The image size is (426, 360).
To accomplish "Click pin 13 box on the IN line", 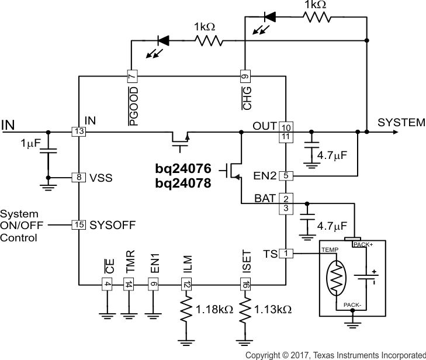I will coord(78,132).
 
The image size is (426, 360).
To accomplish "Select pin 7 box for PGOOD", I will coord(132,76).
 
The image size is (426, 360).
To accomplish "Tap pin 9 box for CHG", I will coord(245,76).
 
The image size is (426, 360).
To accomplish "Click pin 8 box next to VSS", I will coord(78,177).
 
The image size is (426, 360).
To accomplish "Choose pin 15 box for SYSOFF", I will coord(78,224).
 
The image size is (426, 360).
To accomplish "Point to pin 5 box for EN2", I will coord(286,175).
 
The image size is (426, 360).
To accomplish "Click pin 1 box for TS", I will coord(286,253).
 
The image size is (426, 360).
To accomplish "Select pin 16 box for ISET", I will coord(245,285).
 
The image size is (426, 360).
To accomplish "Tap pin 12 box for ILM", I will coord(186,285).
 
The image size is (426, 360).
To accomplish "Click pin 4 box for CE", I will coord(107,285).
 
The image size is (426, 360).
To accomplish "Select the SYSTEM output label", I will coord(401,123).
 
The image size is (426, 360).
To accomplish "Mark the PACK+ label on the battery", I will coord(363,245).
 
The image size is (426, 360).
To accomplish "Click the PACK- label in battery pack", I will coord(352,305).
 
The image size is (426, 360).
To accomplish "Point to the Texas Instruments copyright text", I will coord(335,355).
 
